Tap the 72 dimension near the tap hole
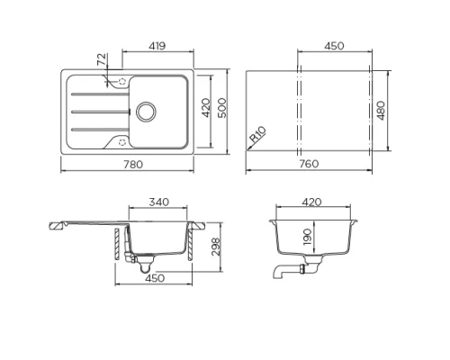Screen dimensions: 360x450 [103, 60]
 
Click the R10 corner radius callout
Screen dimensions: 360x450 [258, 136]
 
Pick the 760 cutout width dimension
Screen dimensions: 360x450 [310, 165]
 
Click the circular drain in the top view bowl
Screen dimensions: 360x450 [145, 111]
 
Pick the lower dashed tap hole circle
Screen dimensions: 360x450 [121, 141]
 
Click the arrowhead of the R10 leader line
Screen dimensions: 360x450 [249, 147]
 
